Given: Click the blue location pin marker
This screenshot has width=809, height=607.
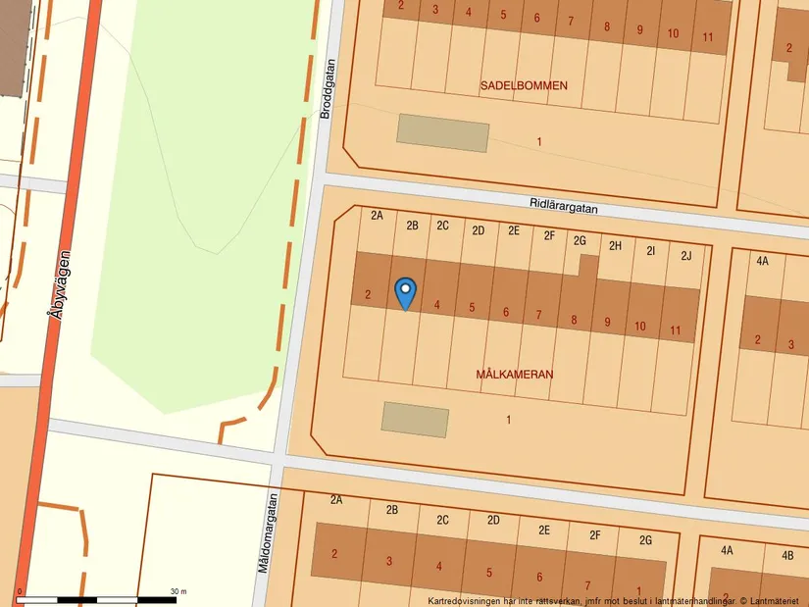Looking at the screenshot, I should (405, 291).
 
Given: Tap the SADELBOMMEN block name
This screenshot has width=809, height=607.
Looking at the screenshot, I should (524, 86).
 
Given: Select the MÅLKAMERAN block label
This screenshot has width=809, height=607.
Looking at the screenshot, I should (515, 375).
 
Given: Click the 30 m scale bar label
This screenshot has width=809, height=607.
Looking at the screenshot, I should (177, 591).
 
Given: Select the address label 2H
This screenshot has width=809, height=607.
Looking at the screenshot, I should (615, 246).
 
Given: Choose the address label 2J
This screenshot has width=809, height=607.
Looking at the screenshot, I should (686, 256).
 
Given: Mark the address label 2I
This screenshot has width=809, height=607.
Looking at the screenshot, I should (650, 251).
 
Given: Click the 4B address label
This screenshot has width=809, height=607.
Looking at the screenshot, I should (787, 555).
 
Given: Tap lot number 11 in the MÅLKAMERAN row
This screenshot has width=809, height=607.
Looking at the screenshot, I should (676, 330).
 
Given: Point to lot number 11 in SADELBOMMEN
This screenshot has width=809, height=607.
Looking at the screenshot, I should (708, 36).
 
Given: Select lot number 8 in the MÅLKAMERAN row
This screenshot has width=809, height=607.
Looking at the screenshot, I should (575, 319).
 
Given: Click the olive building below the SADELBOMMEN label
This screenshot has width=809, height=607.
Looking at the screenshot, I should (442, 132).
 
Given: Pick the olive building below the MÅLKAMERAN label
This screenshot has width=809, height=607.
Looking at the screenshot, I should (415, 420).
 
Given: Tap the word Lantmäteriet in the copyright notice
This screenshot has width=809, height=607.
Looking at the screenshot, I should (774, 600).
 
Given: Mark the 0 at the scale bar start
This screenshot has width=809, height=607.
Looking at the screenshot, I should (21, 591).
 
